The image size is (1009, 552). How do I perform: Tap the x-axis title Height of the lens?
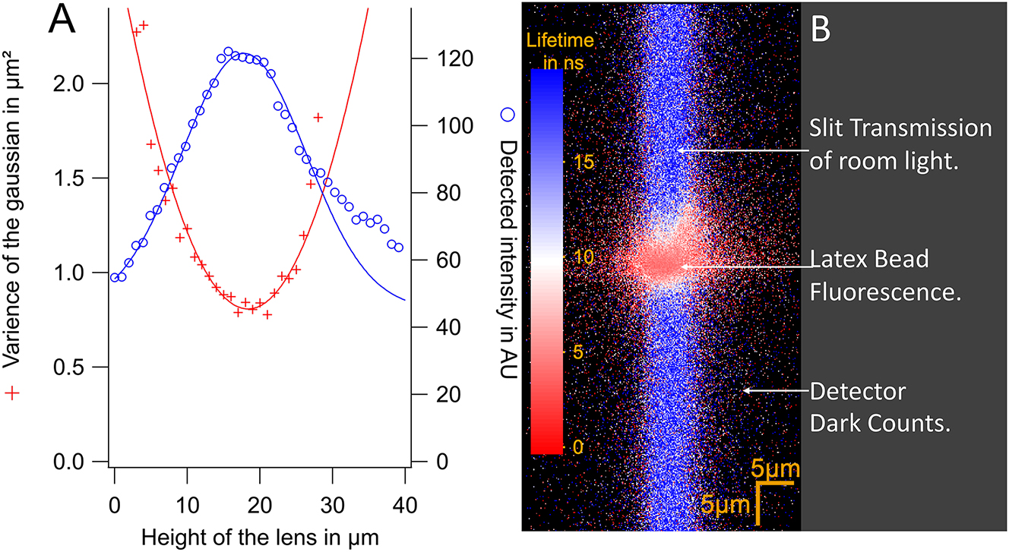(258, 536)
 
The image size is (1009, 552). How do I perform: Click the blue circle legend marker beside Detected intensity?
(508, 115)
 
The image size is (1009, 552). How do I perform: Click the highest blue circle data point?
(228, 52)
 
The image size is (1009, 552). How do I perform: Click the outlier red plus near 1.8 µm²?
(318, 117)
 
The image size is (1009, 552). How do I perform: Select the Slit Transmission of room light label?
(900, 142)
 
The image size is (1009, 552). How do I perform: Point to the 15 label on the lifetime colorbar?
(583, 163)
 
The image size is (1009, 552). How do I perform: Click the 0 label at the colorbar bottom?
(578, 447)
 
